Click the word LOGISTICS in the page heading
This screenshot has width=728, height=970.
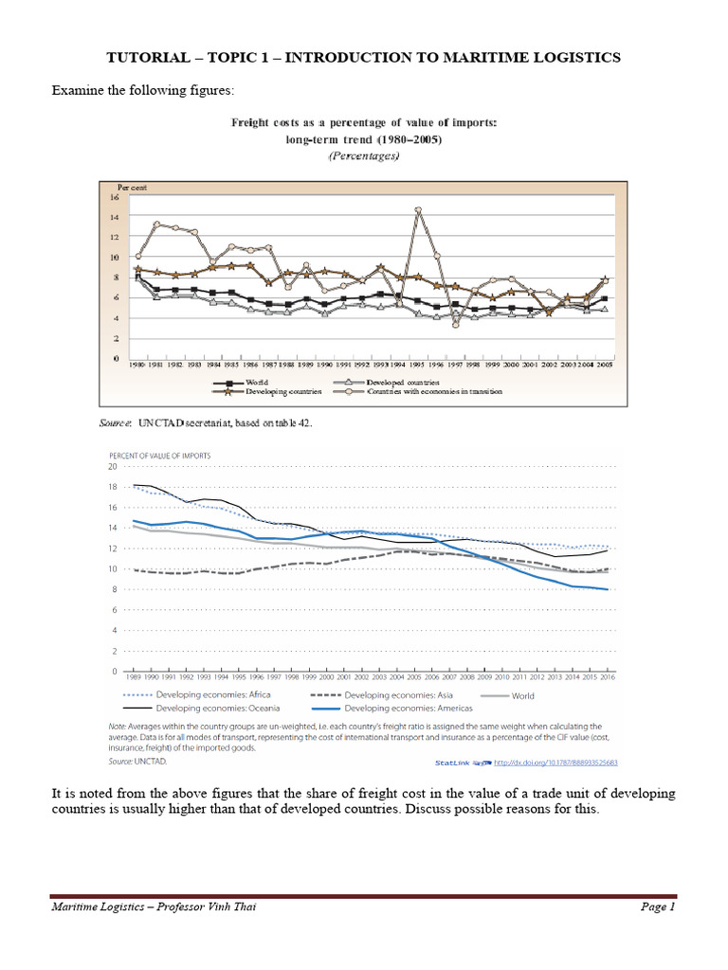click(x=573, y=58)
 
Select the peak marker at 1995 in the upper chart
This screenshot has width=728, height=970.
click(x=418, y=209)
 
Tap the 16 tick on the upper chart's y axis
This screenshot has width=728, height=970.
click(x=115, y=197)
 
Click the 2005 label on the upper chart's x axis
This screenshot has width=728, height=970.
click(x=605, y=365)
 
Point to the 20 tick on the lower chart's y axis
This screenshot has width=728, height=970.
click(x=112, y=467)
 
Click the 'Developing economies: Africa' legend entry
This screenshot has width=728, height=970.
click(x=210, y=695)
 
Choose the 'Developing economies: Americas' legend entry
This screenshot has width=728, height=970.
click(x=405, y=708)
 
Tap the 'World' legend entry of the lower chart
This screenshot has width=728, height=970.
click(x=523, y=695)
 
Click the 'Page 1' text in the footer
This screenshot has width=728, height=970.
click(x=657, y=907)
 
